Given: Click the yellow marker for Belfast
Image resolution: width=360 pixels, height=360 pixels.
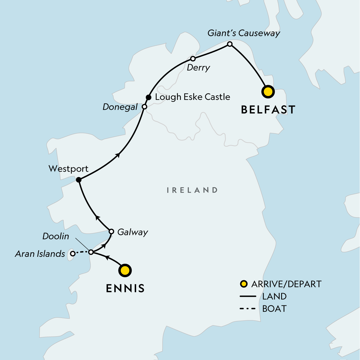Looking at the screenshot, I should pos(268,92).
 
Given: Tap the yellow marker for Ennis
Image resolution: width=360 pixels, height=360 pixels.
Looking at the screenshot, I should pos(125,271).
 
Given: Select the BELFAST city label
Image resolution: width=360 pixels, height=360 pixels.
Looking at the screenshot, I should pos(268,110).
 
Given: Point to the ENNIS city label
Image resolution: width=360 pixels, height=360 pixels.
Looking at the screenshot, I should pos(125,288).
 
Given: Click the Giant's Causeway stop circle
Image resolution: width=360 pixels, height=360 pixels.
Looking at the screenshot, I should pos(230,44).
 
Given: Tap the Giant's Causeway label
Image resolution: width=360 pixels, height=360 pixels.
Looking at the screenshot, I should pos(244,33).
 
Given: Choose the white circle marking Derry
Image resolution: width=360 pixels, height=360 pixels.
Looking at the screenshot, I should pos(193,58).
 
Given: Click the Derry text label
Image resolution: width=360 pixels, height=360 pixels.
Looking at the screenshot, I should pos(198,68).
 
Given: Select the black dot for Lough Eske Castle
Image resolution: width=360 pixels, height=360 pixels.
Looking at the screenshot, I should pos(148,97).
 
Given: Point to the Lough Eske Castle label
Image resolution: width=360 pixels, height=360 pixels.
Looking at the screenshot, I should pos(192,97).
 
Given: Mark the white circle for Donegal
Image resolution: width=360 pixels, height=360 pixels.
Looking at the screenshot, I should pos(144,107).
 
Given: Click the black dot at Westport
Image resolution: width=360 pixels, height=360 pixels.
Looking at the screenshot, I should pos(78,180).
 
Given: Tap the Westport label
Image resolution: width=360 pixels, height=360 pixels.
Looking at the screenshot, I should pos(68,169).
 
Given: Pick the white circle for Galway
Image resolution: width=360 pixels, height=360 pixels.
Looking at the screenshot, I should pos(111,231).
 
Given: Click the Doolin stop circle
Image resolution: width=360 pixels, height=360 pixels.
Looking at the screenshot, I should pos(91,252).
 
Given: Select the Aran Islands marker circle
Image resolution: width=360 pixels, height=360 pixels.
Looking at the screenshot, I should pos(72,254).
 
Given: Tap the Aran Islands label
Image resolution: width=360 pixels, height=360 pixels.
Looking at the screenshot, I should pos(40,254).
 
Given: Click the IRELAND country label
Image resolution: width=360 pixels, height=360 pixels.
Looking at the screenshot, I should pos(192,190).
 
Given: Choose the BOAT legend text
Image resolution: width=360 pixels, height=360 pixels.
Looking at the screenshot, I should pos(274,309).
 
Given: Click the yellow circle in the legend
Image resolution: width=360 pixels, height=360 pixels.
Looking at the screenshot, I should pos(244,284).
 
